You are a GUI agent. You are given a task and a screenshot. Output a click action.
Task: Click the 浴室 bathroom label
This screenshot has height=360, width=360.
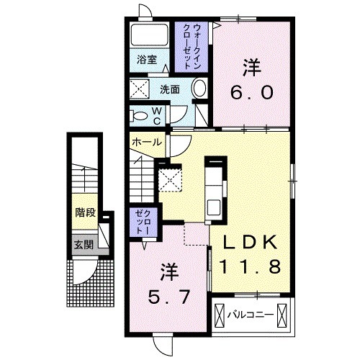(147, 60)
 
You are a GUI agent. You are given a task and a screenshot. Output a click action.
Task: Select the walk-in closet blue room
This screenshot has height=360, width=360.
(191, 45)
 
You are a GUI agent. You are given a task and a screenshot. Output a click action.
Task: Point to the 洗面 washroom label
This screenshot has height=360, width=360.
(170, 91)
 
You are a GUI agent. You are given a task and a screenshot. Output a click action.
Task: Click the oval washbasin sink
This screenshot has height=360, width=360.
(199, 90)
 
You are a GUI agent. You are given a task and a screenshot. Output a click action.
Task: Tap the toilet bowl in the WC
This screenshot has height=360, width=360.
(138, 114)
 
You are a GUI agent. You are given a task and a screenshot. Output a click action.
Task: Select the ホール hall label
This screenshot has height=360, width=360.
(147, 142)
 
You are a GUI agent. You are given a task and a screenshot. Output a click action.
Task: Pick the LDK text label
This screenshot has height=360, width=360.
(250, 243)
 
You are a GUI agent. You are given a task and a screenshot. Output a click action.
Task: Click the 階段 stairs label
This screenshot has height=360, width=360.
(85, 212)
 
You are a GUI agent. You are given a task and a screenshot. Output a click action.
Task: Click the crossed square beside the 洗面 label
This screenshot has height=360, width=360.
(139, 90)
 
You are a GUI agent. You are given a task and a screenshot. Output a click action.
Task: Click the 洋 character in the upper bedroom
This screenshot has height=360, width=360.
(250, 68)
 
